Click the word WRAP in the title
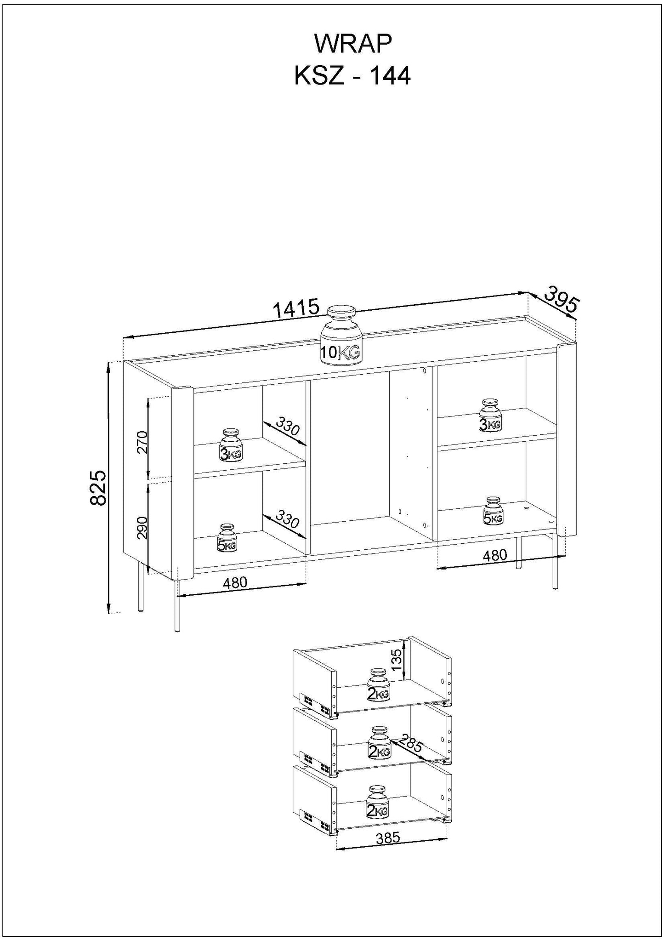click(x=352, y=45)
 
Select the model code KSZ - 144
click(x=352, y=76)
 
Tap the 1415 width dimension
click(x=296, y=308)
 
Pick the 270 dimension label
click(x=142, y=442)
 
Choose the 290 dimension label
click(x=142, y=527)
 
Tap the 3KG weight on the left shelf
click(x=230, y=445)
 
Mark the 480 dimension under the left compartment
click(x=235, y=583)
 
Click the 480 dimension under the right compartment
click(x=494, y=555)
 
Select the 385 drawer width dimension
click(x=388, y=838)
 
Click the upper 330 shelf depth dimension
click(x=288, y=427)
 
